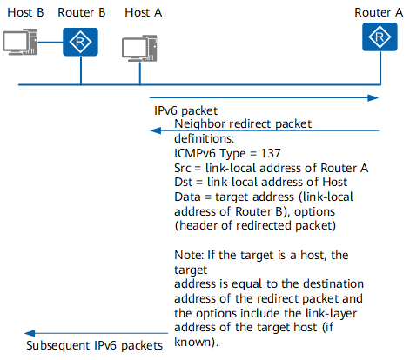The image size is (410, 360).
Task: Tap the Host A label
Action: pyautogui.click(x=142, y=12)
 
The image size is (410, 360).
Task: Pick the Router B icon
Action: pyautogui.click(x=80, y=42)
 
